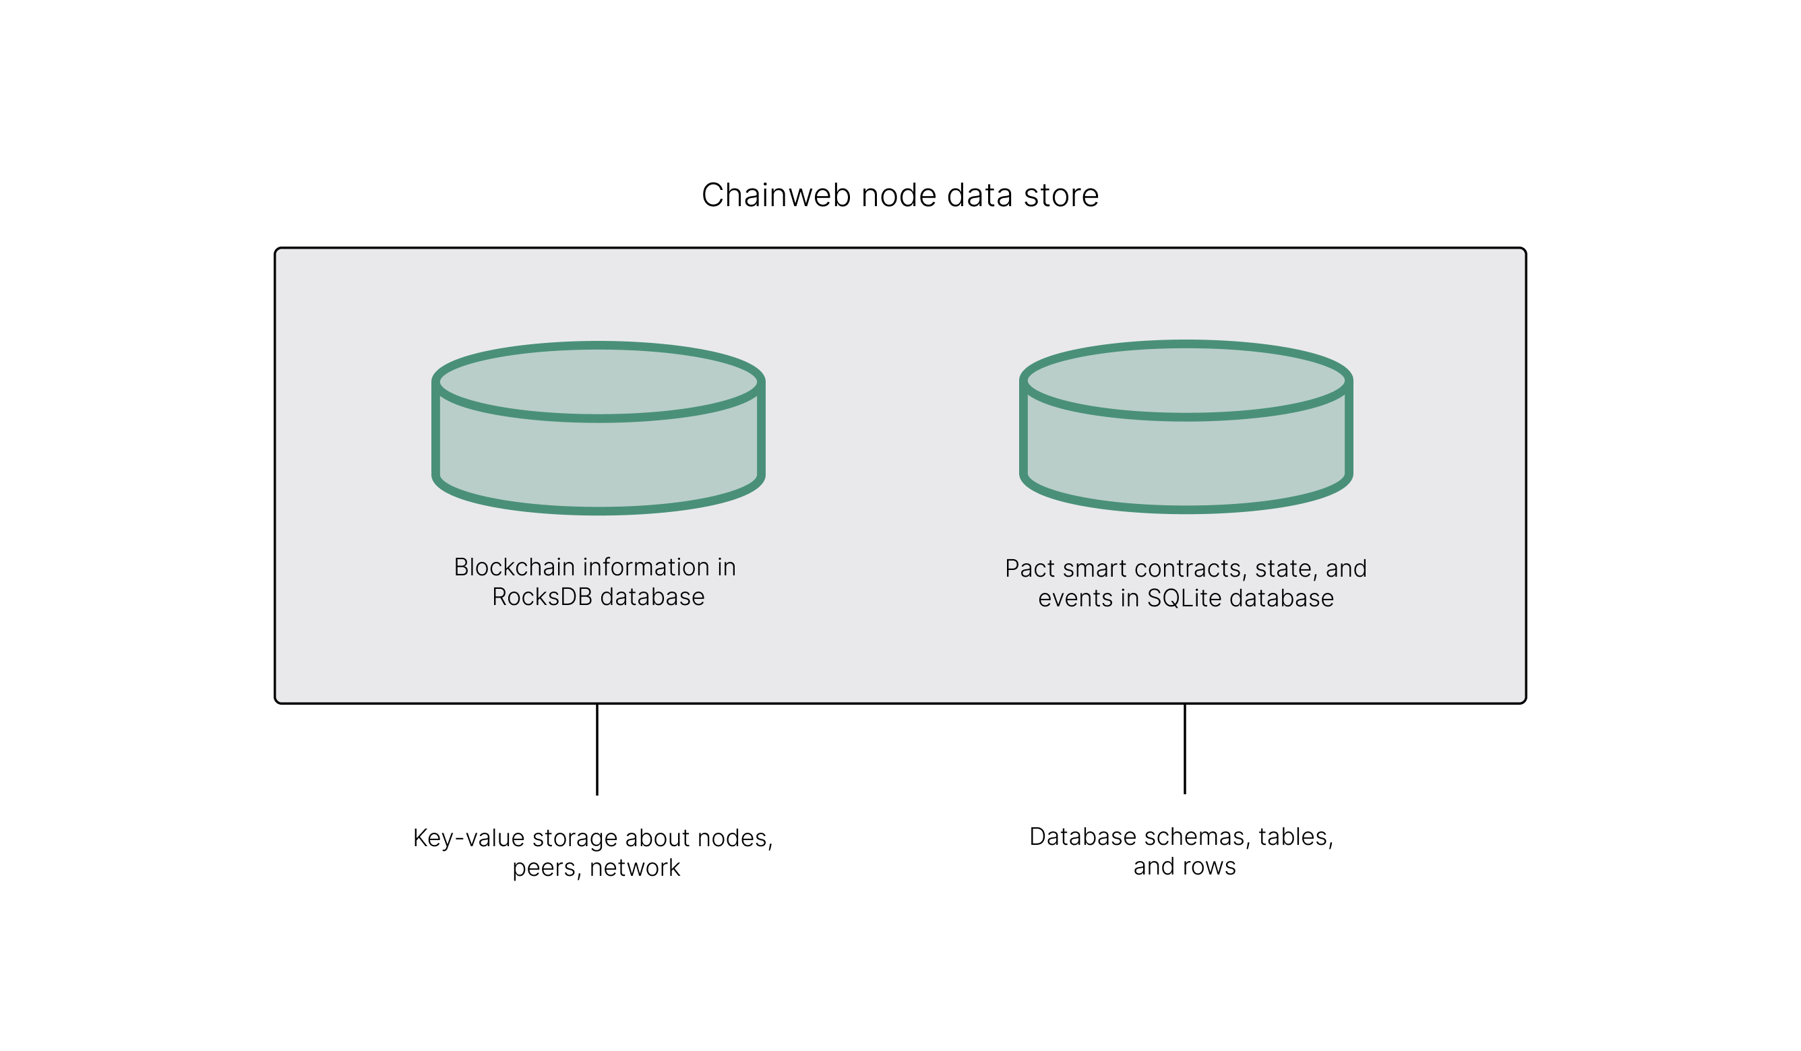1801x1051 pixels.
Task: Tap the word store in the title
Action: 1061,195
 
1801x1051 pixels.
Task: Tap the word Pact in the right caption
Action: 1030,568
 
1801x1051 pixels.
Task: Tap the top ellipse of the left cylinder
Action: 598,381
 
